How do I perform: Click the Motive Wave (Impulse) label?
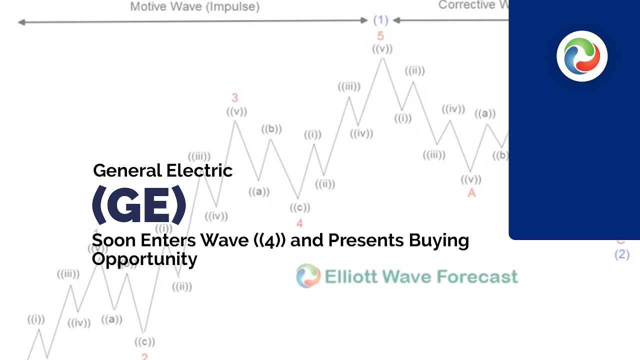pyautogui.click(x=194, y=6)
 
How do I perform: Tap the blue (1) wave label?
pyautogui.click(x=381, y=20)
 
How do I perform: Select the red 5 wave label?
pyautogui.click(x=380, y=36)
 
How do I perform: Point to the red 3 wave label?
pyautogui.click(x=234, y=98)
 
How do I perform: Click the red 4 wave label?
pyautogui.click(x=299, y=223)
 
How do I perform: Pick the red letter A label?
pyautogui.click(x=471, y=193)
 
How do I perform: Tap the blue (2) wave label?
pyautogui.click(x=622, y=254)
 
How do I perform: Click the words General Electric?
pyautogui.click(x=163, y=170)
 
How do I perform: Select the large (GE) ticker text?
pyautogui.click(x=139, y=205)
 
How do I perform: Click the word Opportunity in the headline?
pyautogui.click(x=144, y=259)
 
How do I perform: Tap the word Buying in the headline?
pyautogui.click(x=438, y=240)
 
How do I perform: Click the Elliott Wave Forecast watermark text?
pyautogui.click(x=421, y=276)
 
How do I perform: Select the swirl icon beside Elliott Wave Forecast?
pyautogui.click(x=307, y=276)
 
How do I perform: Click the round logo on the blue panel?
pyautogui.click(x=582, y=56)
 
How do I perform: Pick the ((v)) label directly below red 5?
pyautogui.click(x=382, y=49)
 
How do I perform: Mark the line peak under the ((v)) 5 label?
pyautogui.click(x=383, y=58)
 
